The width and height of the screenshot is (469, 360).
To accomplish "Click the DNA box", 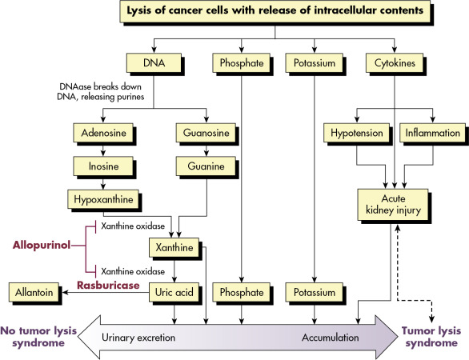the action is point(154,62).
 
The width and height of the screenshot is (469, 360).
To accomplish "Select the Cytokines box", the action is point(395,62).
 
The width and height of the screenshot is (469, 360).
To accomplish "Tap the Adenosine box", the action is point(103,133).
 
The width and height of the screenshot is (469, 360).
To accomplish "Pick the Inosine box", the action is point(103,166).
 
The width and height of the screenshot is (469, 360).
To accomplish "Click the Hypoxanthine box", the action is point(103,199).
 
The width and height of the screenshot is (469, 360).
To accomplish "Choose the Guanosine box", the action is point(206,133).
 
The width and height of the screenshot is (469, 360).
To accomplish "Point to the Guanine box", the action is point(206,166).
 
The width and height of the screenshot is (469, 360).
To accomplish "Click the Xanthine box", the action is point(174,247).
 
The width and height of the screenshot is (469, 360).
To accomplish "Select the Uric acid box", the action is point(174,292).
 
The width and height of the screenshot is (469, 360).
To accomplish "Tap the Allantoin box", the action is point(34,292).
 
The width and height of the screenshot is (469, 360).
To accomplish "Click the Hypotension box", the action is point(356,133).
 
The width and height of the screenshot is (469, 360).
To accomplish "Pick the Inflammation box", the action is point(433,133).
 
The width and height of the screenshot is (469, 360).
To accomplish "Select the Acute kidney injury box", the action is point(393,205).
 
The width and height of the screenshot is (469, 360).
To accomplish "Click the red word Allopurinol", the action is point(42,245).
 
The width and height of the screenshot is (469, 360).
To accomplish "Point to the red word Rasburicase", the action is point(108,286).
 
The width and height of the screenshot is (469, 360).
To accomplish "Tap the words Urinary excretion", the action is point(138,338).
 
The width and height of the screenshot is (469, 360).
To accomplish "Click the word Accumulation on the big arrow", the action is point(331,338).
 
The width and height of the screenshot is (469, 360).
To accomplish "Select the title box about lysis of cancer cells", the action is point(275,11).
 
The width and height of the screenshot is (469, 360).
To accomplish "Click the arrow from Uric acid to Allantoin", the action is point(106,292).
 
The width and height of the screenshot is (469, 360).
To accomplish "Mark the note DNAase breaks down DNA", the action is point(101,92).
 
